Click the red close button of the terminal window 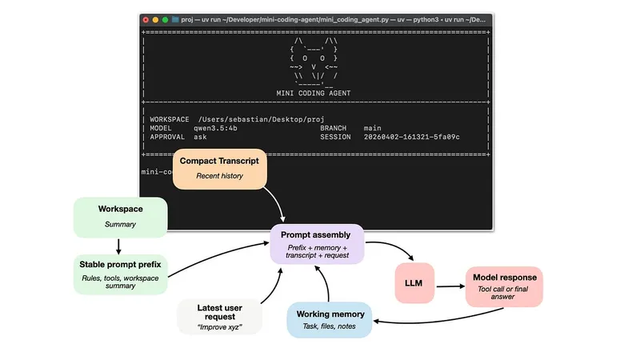145,18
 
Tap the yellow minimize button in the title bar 155,18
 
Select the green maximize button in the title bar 166,18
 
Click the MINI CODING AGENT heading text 313,93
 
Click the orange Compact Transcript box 219,168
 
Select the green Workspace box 120,217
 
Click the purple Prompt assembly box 318,243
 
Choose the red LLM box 419,283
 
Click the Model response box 504,285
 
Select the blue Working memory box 329,320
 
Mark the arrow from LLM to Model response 454,283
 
